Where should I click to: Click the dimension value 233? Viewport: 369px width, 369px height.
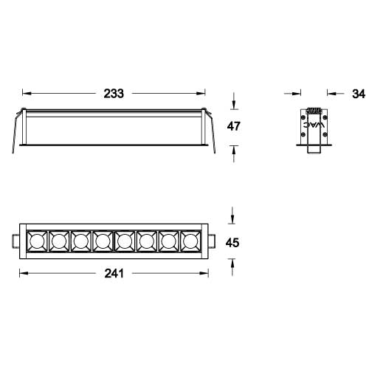click(x=114, y=94)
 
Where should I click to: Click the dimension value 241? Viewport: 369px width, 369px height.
click(x=114, y=273)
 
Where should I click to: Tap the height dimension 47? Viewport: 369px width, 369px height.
click(x=234, y=126)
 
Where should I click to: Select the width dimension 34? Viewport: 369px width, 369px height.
click(x=359, y=94)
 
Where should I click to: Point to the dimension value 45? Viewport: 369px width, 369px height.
click(x=233, y=242)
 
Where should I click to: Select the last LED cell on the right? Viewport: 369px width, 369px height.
click(x=191, y=241)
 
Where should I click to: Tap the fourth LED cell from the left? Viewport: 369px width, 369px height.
click(x=103, y=241)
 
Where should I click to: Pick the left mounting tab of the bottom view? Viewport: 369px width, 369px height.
click(x=15, y=241)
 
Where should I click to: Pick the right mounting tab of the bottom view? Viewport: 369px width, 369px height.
click(x=212, y=241)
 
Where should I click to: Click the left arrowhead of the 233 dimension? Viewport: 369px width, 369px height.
click(x=26, y=94)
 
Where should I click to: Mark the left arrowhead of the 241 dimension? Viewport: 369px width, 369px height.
click(x=21, y=273)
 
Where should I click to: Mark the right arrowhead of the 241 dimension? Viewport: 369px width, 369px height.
click(x=207, y=273)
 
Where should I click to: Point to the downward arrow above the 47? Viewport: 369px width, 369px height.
click(x=234, y=105)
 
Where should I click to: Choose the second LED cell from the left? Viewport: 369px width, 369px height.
click(x=58, y=241)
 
